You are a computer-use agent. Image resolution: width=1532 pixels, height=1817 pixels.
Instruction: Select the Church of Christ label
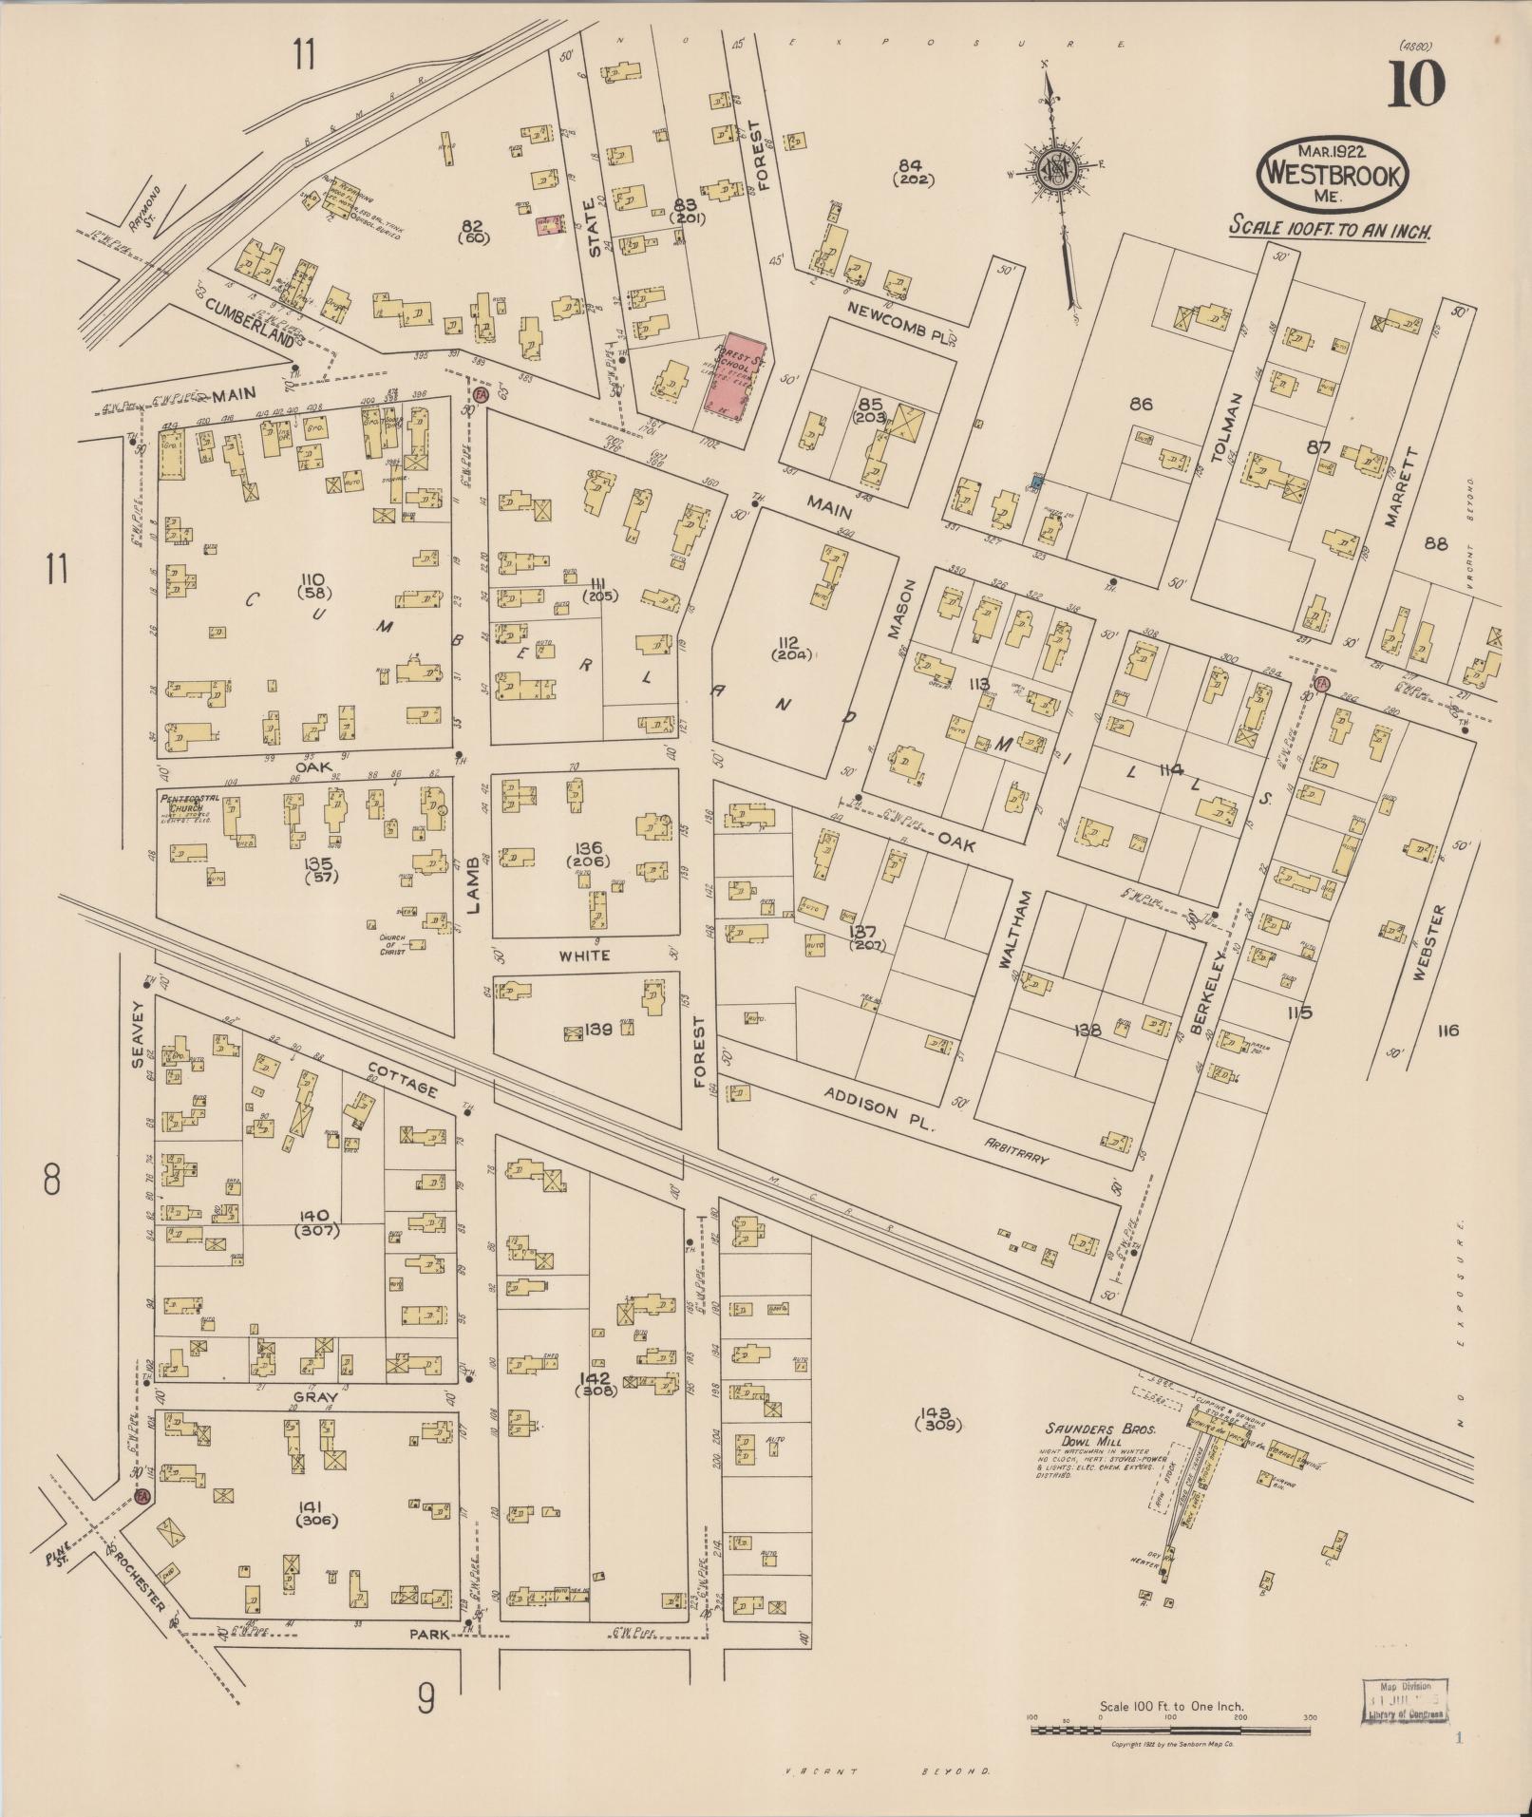tap(392, 944)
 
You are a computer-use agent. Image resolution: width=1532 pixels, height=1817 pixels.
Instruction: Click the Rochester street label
tap(141, 1580)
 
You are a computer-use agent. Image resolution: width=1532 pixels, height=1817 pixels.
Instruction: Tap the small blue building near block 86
tap(1036, 483)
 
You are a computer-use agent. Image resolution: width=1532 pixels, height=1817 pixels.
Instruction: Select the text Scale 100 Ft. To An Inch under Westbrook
tap(1330, 229)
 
